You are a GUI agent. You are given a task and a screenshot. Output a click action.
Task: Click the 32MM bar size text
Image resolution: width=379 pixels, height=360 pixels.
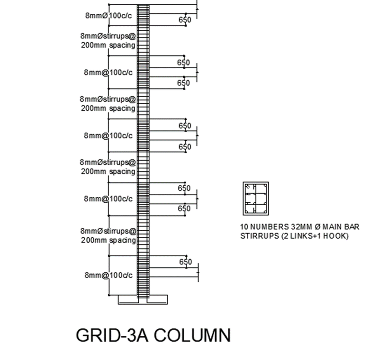tap(298, 227)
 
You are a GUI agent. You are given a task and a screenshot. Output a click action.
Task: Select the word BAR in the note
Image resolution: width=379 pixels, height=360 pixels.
tap(352, 227)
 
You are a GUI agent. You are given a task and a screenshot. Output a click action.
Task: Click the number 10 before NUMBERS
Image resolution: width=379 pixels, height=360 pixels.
tap(244, 227)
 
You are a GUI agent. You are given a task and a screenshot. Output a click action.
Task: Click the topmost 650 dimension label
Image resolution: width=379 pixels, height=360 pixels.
tap(185, 20)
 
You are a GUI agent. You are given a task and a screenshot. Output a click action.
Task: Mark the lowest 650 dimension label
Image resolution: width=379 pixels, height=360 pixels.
tap(185, 262)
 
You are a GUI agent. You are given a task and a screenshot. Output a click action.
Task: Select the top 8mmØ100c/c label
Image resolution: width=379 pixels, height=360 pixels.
tap(108, 16)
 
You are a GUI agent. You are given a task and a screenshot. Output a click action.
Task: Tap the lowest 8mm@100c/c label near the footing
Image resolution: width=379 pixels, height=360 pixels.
tap(108, 275)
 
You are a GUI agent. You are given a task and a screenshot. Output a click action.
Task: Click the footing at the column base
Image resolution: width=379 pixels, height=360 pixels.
tap(143, 300)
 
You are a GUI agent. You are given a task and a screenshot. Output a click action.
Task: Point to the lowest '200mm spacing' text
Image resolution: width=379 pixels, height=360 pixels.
tap(108, 240)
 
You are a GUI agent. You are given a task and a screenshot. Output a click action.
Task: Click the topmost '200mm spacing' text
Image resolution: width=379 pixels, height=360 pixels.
tap(108, 45)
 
